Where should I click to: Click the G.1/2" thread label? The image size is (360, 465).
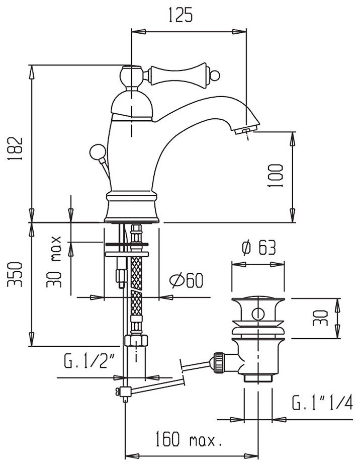[89, 362]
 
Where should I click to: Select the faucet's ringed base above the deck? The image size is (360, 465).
[132, 206]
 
